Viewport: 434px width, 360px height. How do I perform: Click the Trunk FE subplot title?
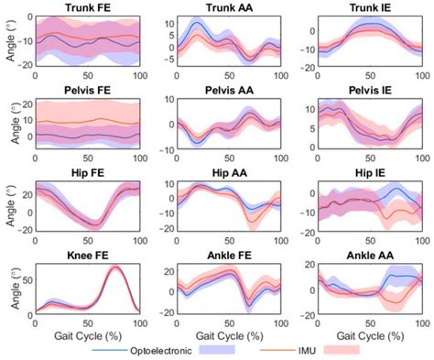pos(89,8)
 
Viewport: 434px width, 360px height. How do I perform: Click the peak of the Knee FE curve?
pos(115,267)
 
